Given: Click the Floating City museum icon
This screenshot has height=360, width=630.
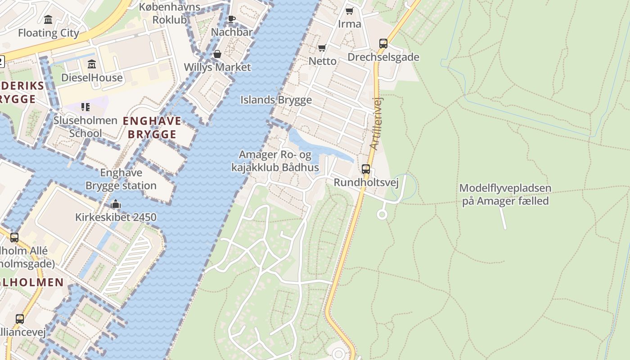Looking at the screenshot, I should (x=48, y=19).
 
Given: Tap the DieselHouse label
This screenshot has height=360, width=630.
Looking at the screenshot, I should (x=92, y=77).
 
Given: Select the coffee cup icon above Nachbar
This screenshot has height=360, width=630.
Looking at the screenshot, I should (x=231, y=19).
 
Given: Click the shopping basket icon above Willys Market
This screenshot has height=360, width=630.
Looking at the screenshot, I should (x=217, y=54).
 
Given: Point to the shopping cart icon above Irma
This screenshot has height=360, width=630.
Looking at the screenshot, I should (x=350, y=11).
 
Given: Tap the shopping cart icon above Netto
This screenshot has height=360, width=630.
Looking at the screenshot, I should (x=322, y=48).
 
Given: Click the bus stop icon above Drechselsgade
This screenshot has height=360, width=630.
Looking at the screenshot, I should (x=383, y=44).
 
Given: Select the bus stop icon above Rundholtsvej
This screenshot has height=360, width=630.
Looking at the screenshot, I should (x=366, y=169).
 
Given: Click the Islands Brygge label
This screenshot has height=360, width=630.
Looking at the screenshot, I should (x=276, y=100).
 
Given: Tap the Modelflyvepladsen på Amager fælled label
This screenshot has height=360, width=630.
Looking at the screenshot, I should (x=505, y=194).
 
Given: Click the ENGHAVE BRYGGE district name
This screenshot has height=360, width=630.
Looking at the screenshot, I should (x=152, y=127).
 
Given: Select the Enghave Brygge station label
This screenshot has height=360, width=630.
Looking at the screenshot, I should (x=121, y=179).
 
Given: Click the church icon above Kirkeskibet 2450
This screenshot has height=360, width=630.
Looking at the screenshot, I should (x=116, y=204).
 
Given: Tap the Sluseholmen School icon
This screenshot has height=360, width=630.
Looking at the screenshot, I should (x=85, y=107).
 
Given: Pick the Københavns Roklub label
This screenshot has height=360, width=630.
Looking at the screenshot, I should (x=170, y=13).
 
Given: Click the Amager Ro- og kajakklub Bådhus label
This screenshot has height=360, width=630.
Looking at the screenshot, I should (x=275, y=161).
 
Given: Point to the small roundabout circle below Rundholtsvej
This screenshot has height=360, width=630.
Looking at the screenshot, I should (x=382, y=215).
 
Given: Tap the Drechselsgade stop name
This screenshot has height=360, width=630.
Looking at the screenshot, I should (x=383, y=57).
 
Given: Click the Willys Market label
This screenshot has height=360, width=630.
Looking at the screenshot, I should (x=217, y=67).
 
